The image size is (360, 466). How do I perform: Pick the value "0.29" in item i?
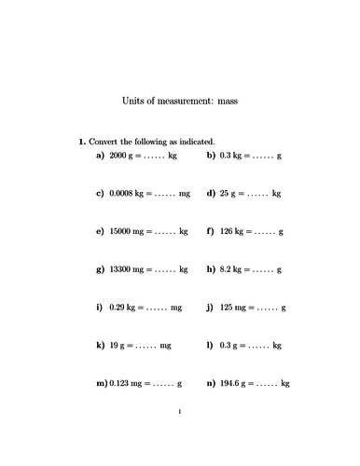[x=118, y=307]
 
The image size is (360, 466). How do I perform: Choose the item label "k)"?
[x=100, y=345]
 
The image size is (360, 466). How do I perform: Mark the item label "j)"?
[x=211, y=307]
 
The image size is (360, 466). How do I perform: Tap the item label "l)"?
[x=211, y=345]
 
